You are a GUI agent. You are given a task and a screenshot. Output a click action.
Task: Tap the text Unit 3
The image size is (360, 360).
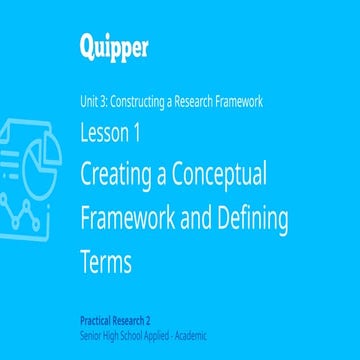point(96,102)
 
